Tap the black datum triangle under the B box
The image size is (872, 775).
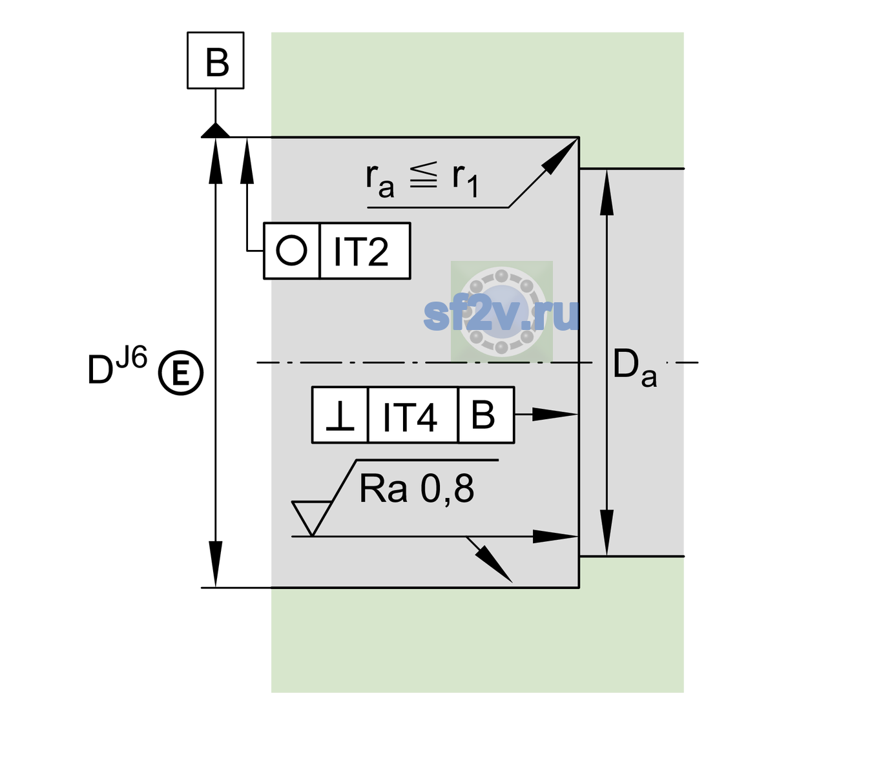pos(215,130)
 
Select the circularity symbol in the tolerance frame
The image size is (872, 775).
pos(291,251)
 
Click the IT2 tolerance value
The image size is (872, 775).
pos(360,252)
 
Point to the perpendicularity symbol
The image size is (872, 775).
pos(340,416)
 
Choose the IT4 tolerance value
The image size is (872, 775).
pos(410,417)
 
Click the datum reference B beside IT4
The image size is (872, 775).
pos(483,415)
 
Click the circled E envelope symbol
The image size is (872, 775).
pos(180,373)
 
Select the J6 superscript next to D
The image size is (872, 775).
pos(131,357)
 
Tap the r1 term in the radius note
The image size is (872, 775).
pos(465,180)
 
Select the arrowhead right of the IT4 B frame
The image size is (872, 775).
pos(554,414)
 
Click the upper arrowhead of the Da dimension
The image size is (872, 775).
pos(607,192)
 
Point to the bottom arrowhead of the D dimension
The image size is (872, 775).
pos(215,564)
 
